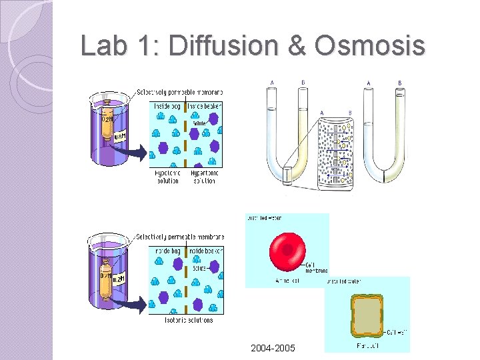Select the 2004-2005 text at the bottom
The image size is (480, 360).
(272, 348)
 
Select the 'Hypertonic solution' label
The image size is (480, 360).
(203, 177)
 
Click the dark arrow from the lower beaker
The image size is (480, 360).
(137, 303)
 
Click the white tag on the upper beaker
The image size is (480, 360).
(119, 137)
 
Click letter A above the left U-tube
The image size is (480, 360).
(271, 83)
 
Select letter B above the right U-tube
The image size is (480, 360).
(399, 83)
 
